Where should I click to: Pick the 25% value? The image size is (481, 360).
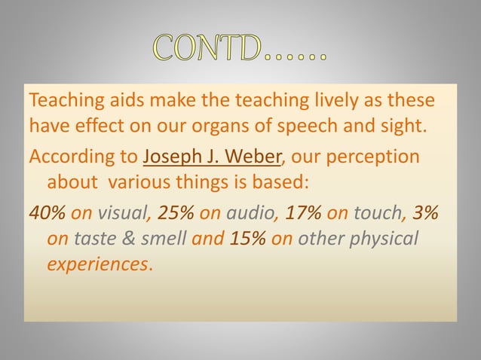175,213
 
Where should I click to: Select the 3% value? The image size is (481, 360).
426,213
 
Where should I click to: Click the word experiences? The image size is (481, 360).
97,264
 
